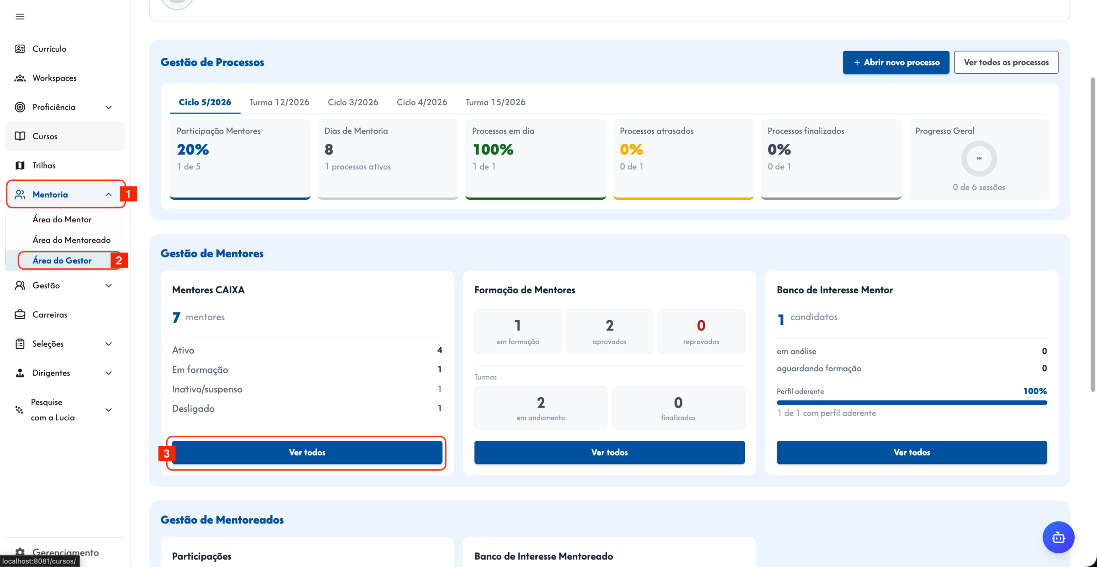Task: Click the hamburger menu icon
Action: pyautogui.click(x=20, y=17)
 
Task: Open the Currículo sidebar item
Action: pyautogui.click(x=49, y=49)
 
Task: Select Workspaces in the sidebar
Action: pyautogui.click(x=54, y=78)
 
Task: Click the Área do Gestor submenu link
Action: pyautogui.click(x=62, y=261)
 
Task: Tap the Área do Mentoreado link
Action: pyautogui.click(x=72, y=240)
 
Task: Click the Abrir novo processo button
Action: pyautogui.click(x=896, y=63)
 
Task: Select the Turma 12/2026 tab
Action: pyautogui.click(x=279, y=102)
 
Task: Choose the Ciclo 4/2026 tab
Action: pyautogui.click(x=422, y=102)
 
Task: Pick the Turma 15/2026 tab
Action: pyautogui.click(x=496, y=102)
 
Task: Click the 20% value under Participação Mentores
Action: pyautogui.click(x=193, y=150)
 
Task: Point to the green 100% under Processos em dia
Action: pyautogui.click(x=493, y=150)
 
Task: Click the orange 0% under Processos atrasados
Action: pyautogui.click(x=631, y=150)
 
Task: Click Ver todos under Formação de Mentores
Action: pyautogui.click(x=609, y=452)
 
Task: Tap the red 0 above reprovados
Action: pyautogui.click(x=701, y=326)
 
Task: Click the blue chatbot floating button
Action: pyautogui.click(x=1058, y=537)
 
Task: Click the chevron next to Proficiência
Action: pyautogui.click(x=109, y=107)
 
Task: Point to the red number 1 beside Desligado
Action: pyautogui.click(x=440, y=408)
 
